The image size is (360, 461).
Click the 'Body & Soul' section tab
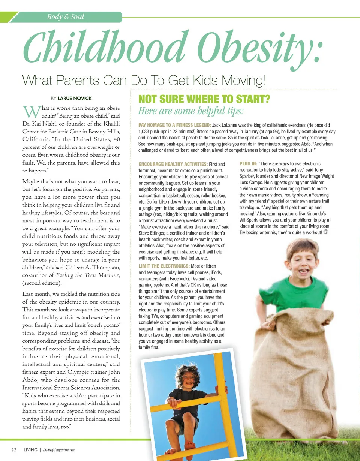[65, 17]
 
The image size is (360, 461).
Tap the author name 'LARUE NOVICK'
[75, 98]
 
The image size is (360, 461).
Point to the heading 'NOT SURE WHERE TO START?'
[204, 99]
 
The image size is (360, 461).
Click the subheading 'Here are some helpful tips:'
[191, 111]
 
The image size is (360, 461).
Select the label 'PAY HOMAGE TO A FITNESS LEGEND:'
[175, 125]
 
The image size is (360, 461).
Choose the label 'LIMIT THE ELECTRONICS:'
[164, 266]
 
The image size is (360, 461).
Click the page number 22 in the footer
[14, 450]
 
